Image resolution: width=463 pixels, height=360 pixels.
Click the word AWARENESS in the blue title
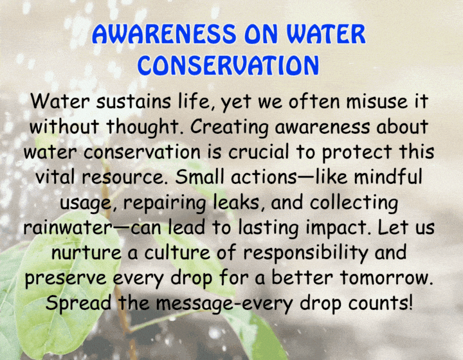[x=164, y=34]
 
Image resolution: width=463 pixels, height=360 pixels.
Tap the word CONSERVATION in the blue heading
[x=228, y=65]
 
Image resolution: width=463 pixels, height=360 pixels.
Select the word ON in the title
[x=261, y=34]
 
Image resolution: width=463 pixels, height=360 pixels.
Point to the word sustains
[x=134, y=101]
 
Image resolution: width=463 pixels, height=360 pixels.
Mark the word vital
[x=55, y=177]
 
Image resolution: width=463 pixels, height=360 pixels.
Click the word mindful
[x=388, y=177]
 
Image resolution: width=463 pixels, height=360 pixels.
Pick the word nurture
[x=86, y=253]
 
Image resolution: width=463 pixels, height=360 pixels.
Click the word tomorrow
[x=386, y=278]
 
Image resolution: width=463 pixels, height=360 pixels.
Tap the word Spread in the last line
[x=78, y=303]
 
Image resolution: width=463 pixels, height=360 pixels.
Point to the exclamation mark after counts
[x=410, y=302]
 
